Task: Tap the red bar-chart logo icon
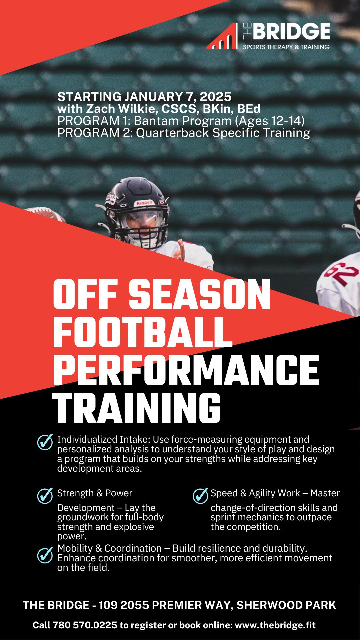(222, 37)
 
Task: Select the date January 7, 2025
(178, 97)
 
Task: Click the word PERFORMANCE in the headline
(186, 370)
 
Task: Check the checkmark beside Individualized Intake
(45, 442)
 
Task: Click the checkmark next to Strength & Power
(45, 496)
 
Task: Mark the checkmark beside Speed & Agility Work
(200, 496)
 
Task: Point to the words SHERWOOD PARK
(286, 605)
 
